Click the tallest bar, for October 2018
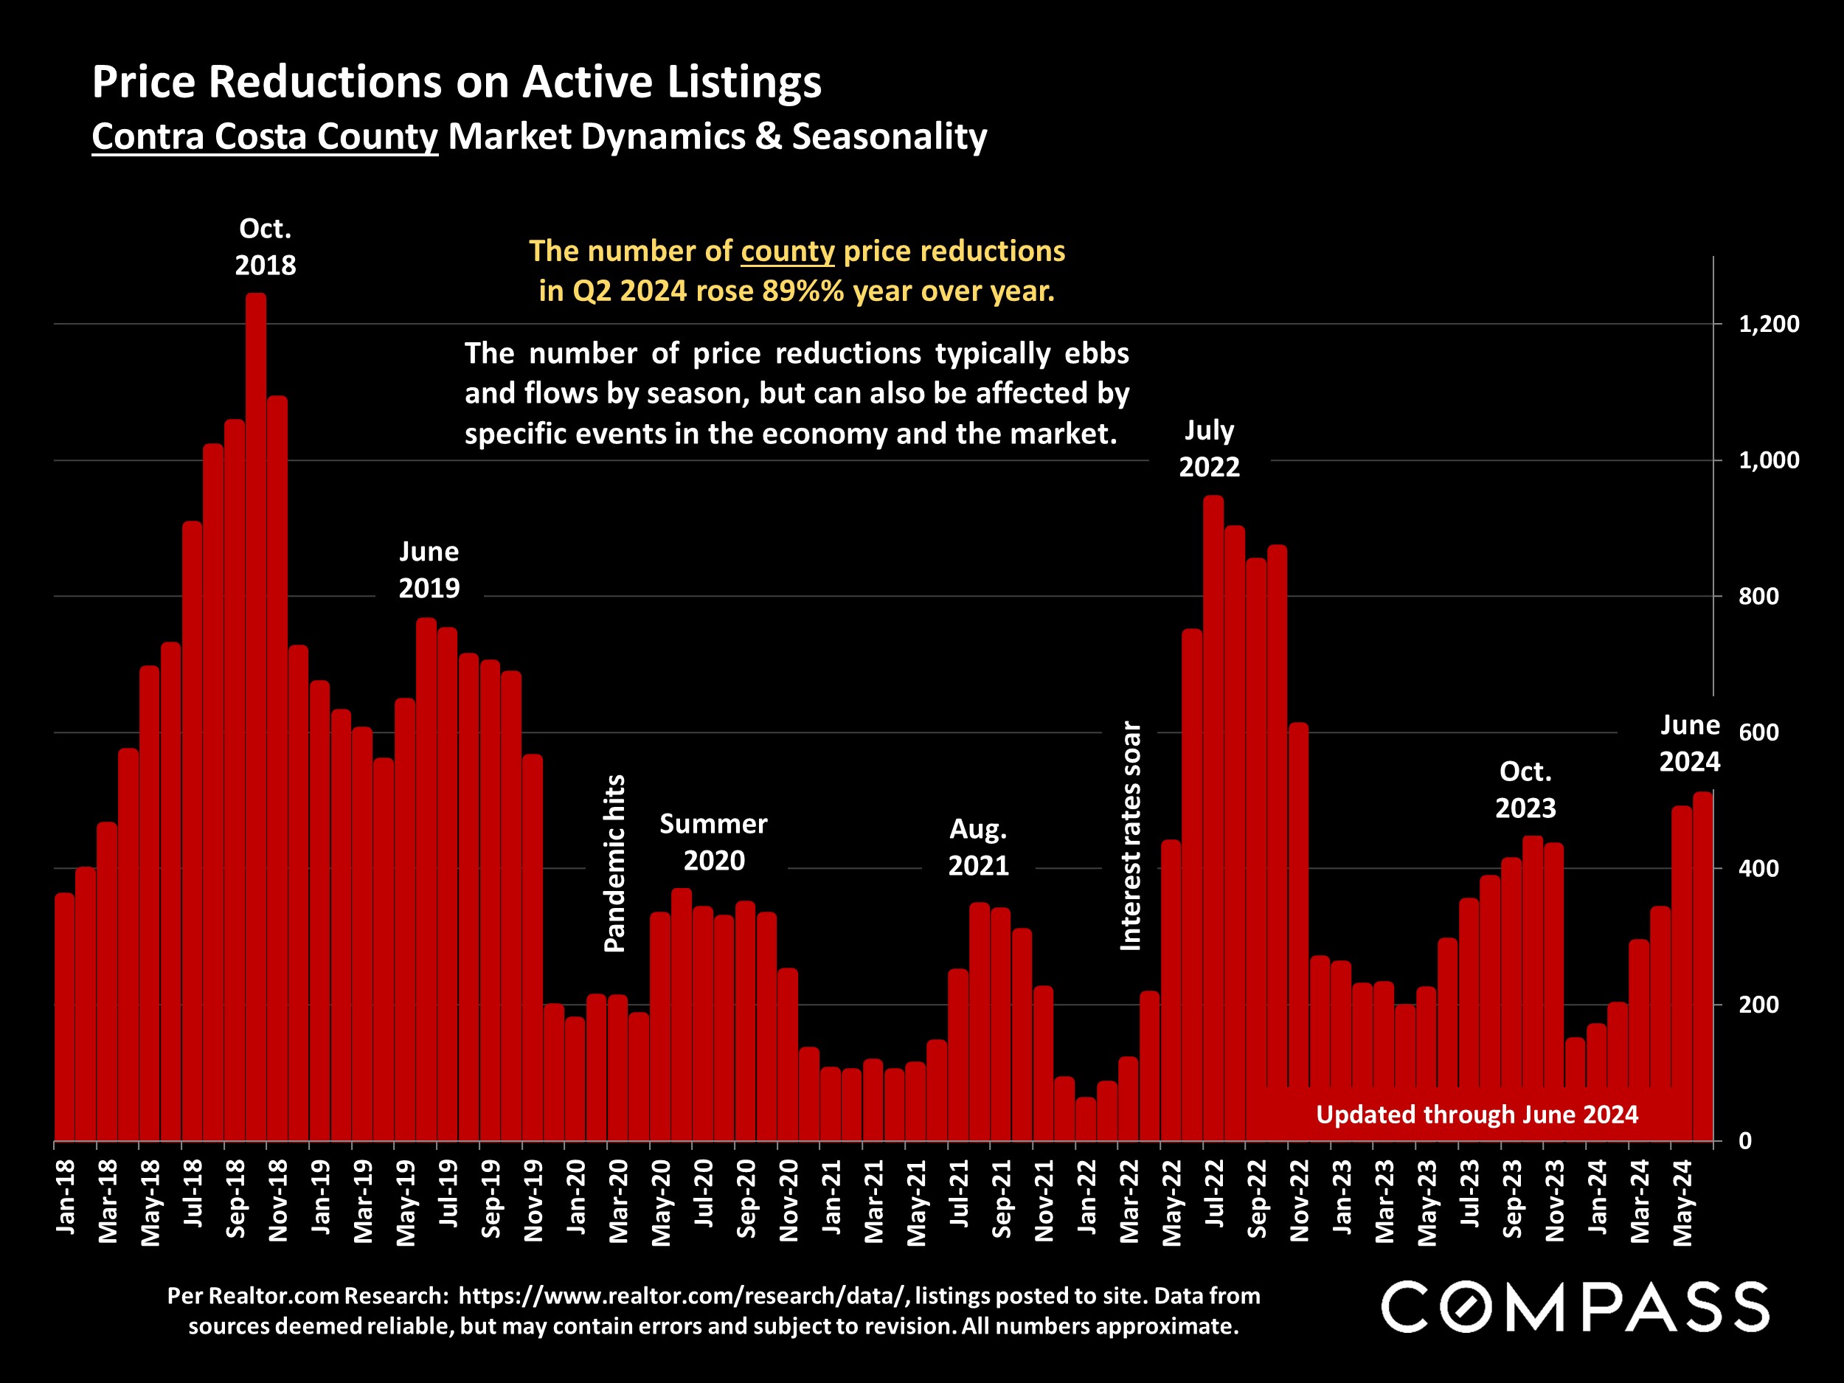pos(256,717)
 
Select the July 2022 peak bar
pos(1214,817)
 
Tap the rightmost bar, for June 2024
pos(1702,967)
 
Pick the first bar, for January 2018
pos(64,1017)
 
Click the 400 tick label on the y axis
pos(1759,869)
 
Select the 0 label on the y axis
pos(1745,1141)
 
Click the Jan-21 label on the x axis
pos(832,1197)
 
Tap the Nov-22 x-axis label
pos(1300,1200)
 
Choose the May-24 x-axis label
pos(1683,1203)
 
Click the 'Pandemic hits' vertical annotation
pos(614,863)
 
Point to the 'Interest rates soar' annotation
pos(1129,835)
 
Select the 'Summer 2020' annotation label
pos(713,842)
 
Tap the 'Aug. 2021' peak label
pos(979,847)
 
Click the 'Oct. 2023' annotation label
pos(1525,789)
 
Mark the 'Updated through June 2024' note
pos(1477,1115)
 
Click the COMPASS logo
pos(1575,1307)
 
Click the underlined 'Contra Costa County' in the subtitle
pos(264,136)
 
